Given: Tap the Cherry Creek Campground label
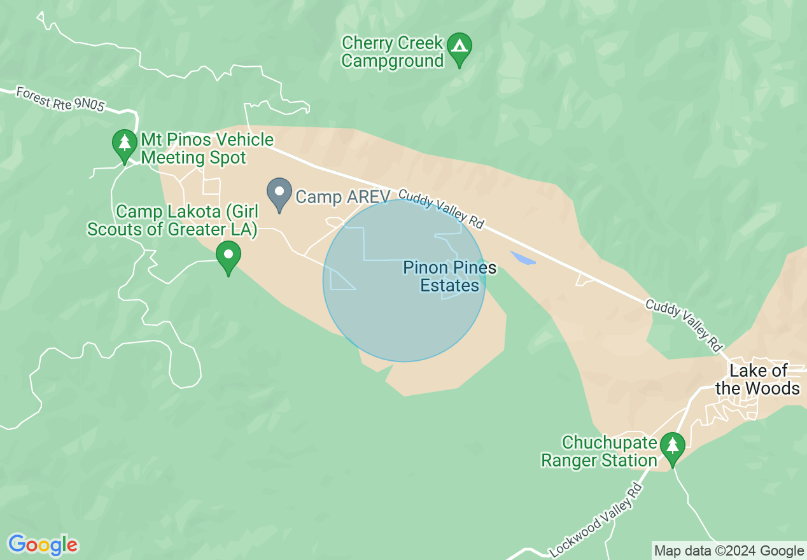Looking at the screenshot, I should pyautogui.click(x=392, y=52).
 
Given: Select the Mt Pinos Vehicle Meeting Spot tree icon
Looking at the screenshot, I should pyautogui.click(x=125, y=143).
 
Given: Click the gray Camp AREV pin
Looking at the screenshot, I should pyautogui.click(x=279, y=192).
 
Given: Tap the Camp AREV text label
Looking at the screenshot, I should pyautogui.click(x=342, y=197).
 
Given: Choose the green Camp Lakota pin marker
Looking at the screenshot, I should pyautogui.click(x=228, y=256).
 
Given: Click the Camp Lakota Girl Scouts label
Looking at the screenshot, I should pyautogui.click(x=172, y=220).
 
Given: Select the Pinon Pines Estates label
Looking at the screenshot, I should pyautogui.click(x=450, y=277).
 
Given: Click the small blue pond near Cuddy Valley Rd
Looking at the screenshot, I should pyautogui.click(x=522, y=258).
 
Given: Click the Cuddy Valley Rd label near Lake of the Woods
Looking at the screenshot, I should pyautogui.click(x=685, y=325).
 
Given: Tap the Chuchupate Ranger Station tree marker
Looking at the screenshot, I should pyautogui.click(x=672, y=447).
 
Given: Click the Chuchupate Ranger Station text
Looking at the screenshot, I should pyautogui.click(x=599, y=451).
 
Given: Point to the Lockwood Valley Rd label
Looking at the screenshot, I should pyautogui.click(x=595, y=519).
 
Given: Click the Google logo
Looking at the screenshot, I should pyautogui.click(x=43, y=545).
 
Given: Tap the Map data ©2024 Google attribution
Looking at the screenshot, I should pyautogui.click(x=729, y=551).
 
